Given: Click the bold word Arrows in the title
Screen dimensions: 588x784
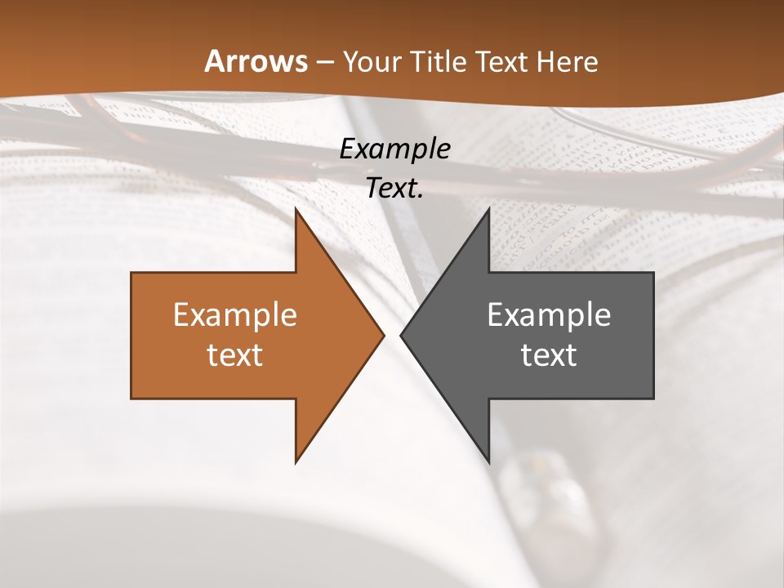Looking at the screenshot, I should [256, 61].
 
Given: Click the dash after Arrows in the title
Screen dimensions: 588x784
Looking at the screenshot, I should [325, 62].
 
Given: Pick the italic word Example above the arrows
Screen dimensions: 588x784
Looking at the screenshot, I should [395, 149].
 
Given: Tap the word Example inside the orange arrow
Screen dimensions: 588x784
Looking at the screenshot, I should [235, 314].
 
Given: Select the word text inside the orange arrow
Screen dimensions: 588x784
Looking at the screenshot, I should [235, 354].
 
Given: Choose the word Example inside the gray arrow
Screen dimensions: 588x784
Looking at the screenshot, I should [549, 314].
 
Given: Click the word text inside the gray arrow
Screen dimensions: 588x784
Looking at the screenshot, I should [549, 354].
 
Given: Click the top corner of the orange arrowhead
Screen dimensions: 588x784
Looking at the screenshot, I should [296, 210].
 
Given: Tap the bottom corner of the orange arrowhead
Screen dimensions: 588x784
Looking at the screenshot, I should [296, 461].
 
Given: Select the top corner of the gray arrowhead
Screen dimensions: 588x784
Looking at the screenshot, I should [488, 210].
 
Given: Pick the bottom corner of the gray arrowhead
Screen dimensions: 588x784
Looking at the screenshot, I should [488, 461].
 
